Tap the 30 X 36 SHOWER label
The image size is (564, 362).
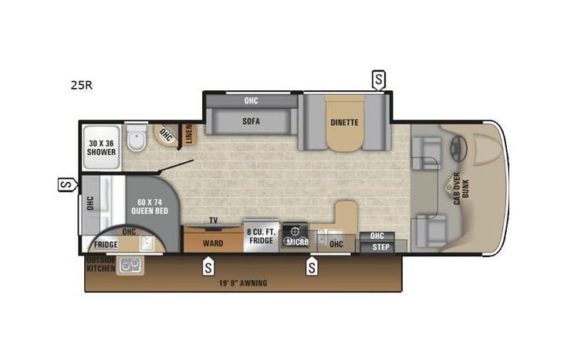click(x=101, y=147)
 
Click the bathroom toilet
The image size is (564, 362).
click(x=137, y=140)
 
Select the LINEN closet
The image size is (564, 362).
click(x=188, y=134)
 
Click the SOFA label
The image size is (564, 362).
click(x=251, y=121)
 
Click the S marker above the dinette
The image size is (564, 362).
click(x=378, y=78)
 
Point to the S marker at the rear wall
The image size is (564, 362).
click(x=68, y=184)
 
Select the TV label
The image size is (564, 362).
click(x=213, y=220)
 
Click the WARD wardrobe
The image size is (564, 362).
click(x=213, y=242)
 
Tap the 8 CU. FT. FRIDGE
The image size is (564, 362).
click(x=260, y=236)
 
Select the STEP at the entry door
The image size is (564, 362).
click(x=380, y=247)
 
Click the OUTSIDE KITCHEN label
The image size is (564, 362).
click(x=100, y=265)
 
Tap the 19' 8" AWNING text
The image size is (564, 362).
click(x=242, y=283)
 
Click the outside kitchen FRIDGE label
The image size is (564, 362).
click(x=106, y=245)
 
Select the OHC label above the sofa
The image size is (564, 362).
click(x=251, y=100)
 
